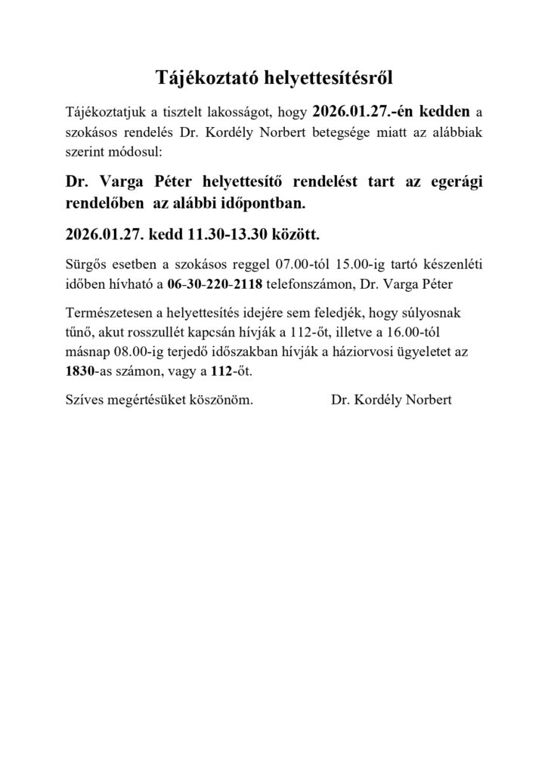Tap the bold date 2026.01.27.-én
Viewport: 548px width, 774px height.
[360, 112]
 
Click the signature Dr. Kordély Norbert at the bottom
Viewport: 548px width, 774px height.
[391, 400]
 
